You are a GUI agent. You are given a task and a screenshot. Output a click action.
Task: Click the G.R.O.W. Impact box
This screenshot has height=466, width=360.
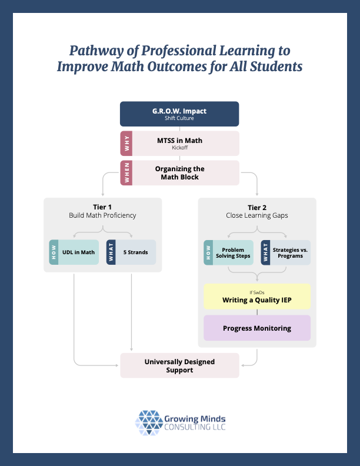click(x=179, y=114)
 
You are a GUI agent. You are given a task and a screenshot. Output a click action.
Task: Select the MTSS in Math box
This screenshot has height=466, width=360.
click(x=186, y=143)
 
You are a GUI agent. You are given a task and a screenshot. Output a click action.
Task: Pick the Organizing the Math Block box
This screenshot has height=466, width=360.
click(x=186, y=173)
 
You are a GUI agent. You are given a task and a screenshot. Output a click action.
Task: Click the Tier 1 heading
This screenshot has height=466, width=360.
click(x=102, y=207)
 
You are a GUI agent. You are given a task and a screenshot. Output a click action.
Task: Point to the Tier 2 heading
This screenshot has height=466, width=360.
click(x=257, y=207)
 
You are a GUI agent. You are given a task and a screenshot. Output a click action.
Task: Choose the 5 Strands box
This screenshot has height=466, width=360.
click(x=135, y=252)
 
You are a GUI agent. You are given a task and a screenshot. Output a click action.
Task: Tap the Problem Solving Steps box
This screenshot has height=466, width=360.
click(x=233, y=252)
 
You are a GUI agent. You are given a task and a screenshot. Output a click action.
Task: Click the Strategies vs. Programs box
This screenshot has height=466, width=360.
click(x=290, y=252)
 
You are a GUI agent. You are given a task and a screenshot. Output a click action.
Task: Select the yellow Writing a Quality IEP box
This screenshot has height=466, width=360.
click(x=257, y=297)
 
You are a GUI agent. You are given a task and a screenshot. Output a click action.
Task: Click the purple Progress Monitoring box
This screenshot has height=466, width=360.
click(x=257, y=328)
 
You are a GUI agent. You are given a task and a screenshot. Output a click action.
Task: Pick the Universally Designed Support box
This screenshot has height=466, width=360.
click(x=179, y=365)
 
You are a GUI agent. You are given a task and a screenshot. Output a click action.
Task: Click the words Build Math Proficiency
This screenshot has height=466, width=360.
click(x=102, y=215)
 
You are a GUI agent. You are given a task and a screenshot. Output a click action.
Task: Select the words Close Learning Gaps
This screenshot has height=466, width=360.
click(x=257, y=215)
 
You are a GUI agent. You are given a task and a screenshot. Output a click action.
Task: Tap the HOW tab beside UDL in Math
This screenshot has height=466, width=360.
click(x=54, y=252)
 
